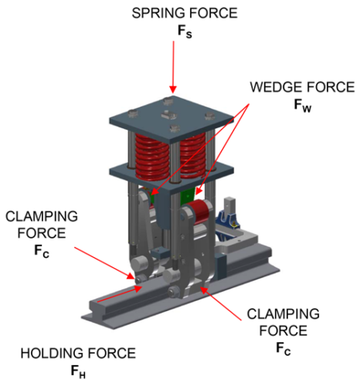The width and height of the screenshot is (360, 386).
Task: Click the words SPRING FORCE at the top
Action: (x=185, y=13)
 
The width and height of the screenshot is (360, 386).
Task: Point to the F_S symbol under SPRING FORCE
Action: (x=185, y=32)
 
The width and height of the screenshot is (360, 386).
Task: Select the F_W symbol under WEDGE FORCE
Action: (x=303, y=106)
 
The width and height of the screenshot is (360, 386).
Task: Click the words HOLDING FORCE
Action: (x=78, y=354)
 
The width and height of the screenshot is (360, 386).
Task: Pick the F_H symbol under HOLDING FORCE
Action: (x=78, y=372)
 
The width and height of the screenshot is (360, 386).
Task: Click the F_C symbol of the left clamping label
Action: (x=42, y=252)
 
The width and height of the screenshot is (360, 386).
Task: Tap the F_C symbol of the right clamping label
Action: (x=284, y=349)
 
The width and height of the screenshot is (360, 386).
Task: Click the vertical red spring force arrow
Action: (x=173, y=67)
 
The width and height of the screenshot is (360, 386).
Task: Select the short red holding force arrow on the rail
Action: (x=120, y=294)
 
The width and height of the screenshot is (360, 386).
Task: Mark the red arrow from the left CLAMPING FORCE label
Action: (x=104, y=263)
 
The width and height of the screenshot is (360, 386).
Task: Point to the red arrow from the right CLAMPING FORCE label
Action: (x=221, y=303)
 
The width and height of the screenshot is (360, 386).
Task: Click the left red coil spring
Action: (x=152, y=157)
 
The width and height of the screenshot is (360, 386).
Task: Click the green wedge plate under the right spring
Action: (x=188, y=198)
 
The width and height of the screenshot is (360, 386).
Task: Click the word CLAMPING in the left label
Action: (x=42, y=217)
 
